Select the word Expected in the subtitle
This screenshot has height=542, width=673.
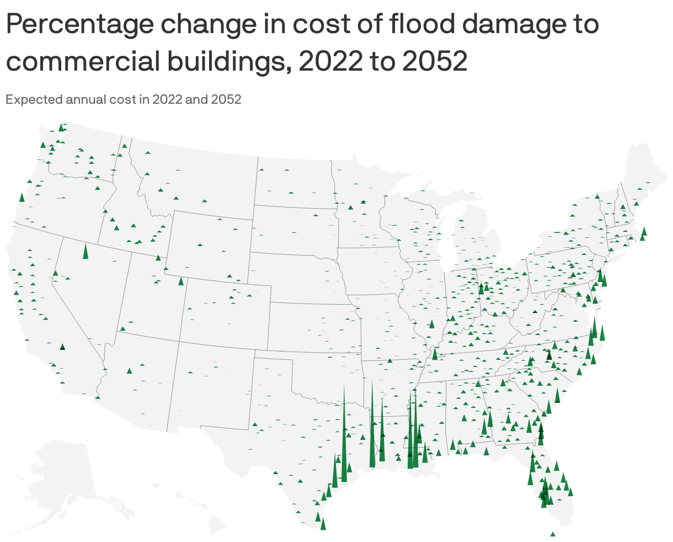click(33, 100)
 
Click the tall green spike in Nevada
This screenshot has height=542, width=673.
click(86, 251)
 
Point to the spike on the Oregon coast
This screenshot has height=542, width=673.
click(22, 198)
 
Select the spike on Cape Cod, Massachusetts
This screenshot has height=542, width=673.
click(644, 232)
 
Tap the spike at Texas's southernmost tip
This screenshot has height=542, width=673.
click(323, 523)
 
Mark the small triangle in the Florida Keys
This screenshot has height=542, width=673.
click(553, 534)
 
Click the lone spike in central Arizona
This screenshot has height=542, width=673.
click(129, 371)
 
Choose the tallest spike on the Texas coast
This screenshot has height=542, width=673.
click(344, 436)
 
